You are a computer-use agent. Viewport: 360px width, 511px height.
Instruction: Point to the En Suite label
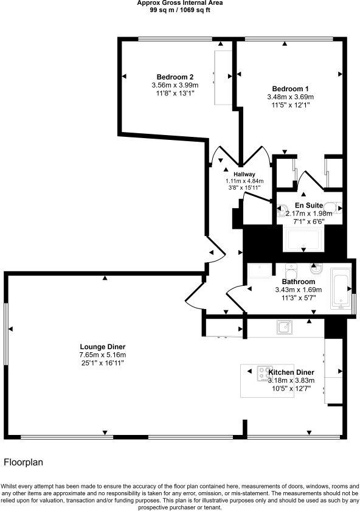click(308, 206)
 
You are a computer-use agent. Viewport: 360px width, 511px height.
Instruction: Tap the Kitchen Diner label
click(291, 372)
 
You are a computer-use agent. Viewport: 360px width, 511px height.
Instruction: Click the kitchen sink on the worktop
click(283, 327)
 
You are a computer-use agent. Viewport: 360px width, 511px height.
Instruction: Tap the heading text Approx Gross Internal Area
click(180, 3)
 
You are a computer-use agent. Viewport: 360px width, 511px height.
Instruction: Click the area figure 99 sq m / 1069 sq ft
click(180, 10)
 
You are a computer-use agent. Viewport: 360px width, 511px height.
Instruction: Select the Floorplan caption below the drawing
click(23, 462)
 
